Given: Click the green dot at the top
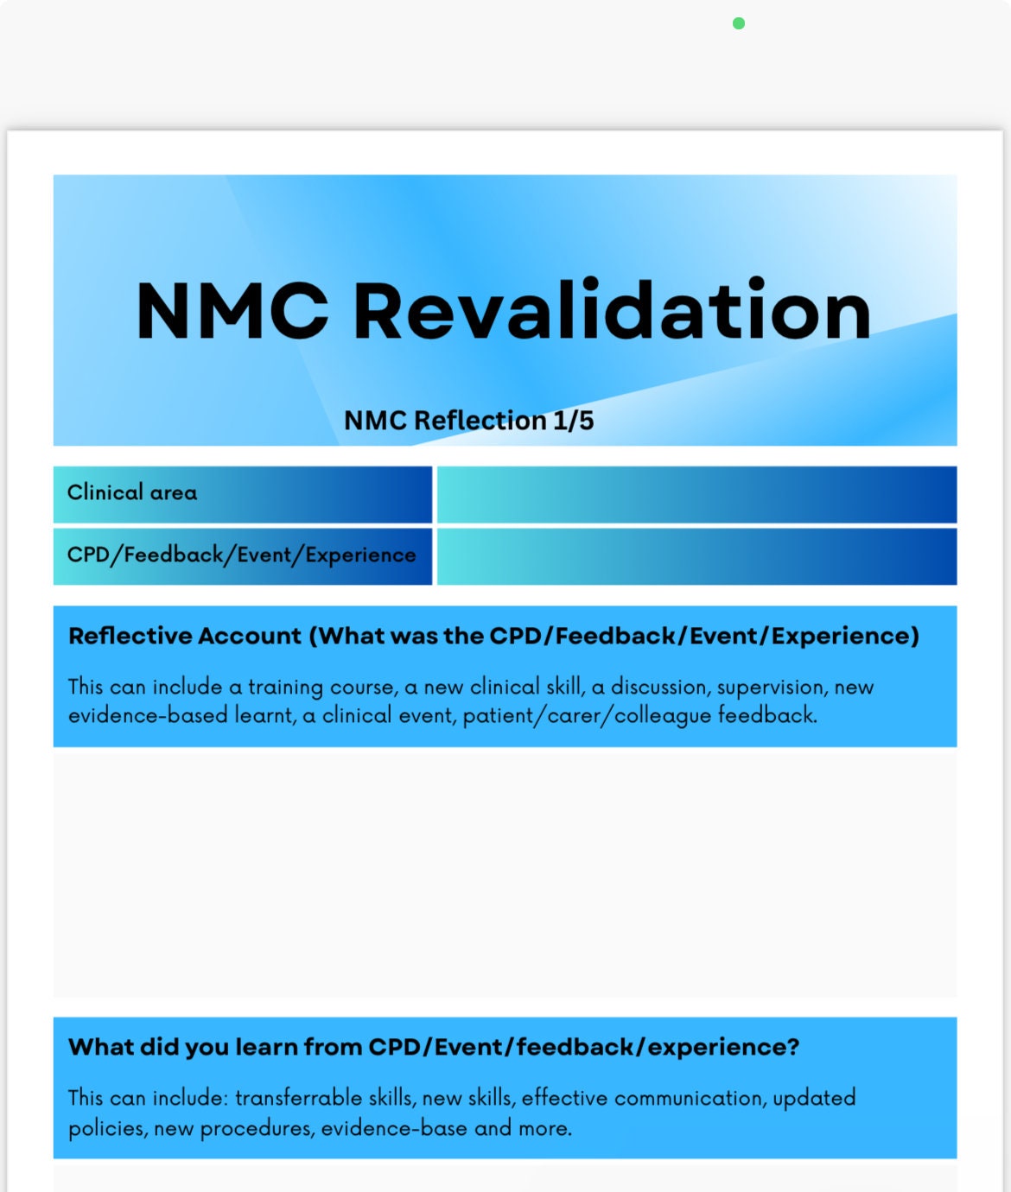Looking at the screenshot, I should point(739,23).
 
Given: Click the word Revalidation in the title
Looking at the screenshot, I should point(612,311).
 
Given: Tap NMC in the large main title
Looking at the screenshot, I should point(232,311).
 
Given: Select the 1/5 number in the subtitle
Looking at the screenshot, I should point(574,421).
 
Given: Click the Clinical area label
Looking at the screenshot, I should point(132,492).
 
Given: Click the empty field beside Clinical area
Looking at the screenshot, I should point(696,495).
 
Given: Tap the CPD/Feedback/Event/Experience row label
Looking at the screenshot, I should point(242,555).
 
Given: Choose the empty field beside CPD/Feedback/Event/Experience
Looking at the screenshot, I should point(696,557).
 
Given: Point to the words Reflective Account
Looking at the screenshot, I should point(185,636).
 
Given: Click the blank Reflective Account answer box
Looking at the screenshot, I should point(505,872).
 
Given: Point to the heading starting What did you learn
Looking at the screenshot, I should point(434,1047).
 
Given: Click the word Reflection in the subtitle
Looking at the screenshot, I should point(480,421).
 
